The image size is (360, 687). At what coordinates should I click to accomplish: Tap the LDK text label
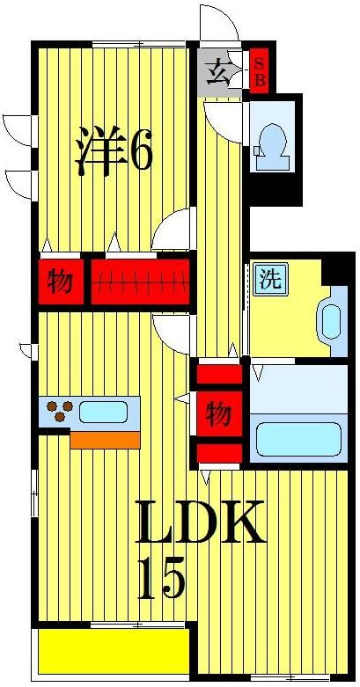(200, 525)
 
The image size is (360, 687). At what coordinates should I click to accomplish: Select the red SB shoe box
(260, 71)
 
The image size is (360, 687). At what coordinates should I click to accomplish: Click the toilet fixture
(270, 144)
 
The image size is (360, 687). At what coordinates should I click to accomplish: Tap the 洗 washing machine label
(270, 281)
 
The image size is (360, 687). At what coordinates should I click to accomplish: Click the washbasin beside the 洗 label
(332, 321)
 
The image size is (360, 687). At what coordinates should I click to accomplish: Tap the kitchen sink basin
(105, 411)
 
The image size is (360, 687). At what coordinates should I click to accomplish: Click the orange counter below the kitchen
(105, 439)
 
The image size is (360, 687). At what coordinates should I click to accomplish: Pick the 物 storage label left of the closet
(61, 282)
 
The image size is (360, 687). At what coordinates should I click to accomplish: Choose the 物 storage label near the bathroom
(217, 413)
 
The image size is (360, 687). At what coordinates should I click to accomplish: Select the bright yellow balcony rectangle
(113, 650)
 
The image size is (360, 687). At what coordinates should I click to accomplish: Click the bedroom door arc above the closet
(171, 231)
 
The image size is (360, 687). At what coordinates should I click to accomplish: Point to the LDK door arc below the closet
(171, 335)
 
